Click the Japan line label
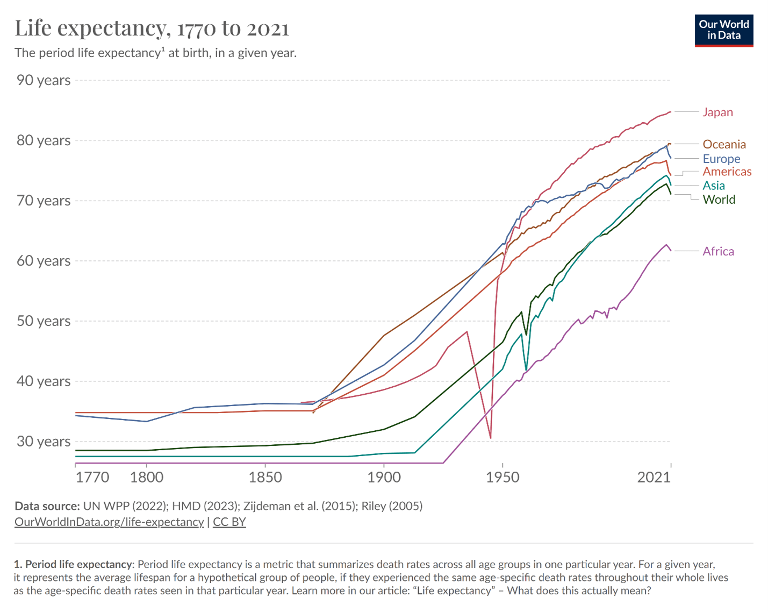pos(717,112)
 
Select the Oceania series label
pos(724,144)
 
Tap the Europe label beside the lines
pos(721,159)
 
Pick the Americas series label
pos(727,172)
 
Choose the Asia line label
pos(714,186)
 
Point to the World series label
pos(719,200)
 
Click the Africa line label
pos(718,251)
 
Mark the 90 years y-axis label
pos(44,80)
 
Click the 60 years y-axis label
pos(44,261)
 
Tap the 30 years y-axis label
pos(44,442)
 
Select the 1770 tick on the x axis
pos(92,477)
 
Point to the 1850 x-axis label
pos(265,477)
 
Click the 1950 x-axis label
pos(503,477)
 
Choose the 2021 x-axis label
pos(654,477)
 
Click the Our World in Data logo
pos(723,31)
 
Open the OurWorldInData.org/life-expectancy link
pos(109,522)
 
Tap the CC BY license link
pos(229,522)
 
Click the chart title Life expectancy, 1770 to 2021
pos(152,29)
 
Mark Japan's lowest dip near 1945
pos(490,438)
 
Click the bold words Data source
pos(47,506)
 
